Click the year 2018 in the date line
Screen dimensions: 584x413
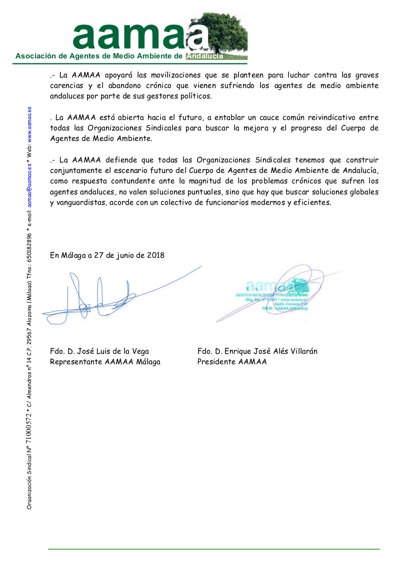(155, 255)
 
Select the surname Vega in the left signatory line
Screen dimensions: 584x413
(139, 351)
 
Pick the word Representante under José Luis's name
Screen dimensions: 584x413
(76, 362)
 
